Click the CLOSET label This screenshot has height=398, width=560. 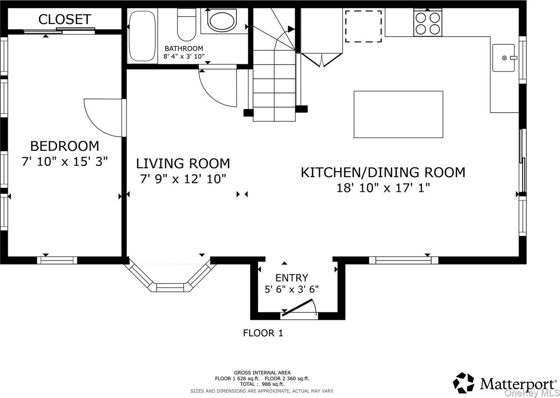[x=65, y=19]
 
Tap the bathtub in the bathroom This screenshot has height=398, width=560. [x=142, y=36]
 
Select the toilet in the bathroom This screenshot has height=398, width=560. [x=187, y=25]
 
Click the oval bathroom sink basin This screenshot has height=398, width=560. [x=222, y=21]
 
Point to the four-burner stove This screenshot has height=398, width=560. [x=428, y=23]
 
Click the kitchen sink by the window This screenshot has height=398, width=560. [x=504, y=58]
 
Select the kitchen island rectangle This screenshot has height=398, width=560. [x=398, y=115]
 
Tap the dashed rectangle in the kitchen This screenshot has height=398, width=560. [x=363, y=26]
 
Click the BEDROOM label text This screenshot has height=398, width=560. [x=65, y=146]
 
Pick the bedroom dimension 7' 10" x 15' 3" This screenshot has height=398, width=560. [x=65, y=162]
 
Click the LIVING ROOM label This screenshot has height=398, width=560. [x=183, y=164]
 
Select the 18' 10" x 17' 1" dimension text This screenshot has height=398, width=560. [x=383, y=188]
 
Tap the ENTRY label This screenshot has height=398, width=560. [x=292, y=278]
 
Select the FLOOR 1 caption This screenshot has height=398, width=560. [x=263, y=333]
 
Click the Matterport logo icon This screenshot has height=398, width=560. [x=463, y=383]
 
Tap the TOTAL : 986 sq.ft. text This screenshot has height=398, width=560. [x=262, y=384]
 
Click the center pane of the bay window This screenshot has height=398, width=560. [x=170, y=288]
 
